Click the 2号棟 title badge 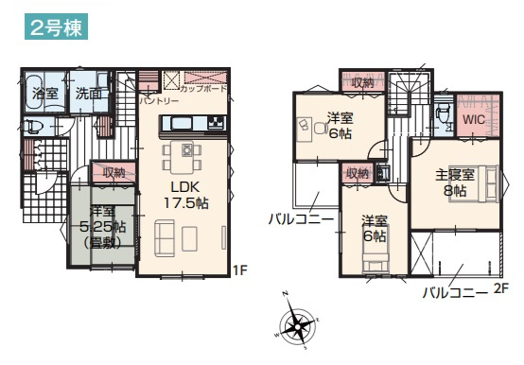coord(56,27)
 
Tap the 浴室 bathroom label coord(44,94)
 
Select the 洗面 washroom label coord(90,94)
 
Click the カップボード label coord(203,89)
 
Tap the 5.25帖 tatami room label coord(101,227)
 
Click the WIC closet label coord(474,122)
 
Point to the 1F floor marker coord(240,269)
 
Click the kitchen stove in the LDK coord(216,123)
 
